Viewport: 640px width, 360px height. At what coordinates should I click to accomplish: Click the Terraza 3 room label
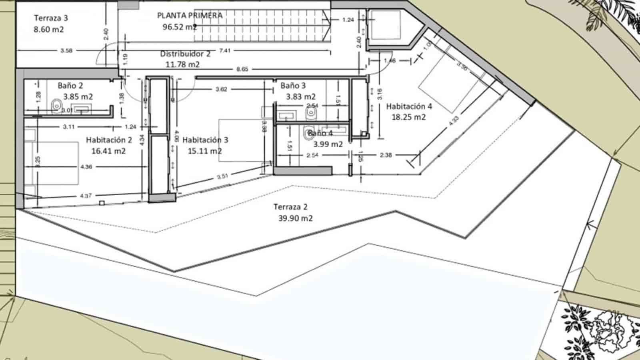[51, 18]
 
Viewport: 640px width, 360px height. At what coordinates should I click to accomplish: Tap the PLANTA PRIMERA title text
[190, 16]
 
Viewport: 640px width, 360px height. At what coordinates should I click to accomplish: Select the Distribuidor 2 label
[185, 54]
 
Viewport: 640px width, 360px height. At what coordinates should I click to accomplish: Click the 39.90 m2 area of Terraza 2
[295, 218]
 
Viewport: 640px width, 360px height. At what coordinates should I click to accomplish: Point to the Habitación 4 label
[409, 106]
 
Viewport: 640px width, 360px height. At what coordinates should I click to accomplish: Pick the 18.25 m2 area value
[408, 117]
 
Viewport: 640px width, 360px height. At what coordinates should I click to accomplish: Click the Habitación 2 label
[109, 140]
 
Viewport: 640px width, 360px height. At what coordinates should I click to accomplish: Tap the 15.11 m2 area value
[205, 151]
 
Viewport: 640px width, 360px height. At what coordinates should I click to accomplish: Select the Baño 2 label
[70, 86]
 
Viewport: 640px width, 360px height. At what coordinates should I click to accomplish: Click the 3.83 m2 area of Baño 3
[301, 96]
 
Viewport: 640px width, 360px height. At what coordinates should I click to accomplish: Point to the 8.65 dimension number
[242, 69]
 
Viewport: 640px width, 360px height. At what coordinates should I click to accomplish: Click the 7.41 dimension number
[225, 50]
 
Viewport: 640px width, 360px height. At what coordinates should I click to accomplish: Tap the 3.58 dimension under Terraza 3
[66, 51]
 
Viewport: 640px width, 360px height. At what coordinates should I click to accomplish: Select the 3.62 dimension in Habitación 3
[221, 89]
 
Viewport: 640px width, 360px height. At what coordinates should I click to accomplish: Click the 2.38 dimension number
[386, 155]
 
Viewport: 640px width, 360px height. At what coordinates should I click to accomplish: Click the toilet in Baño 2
[56, 106]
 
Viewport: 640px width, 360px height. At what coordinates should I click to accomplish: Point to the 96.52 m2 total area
[179, 27]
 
